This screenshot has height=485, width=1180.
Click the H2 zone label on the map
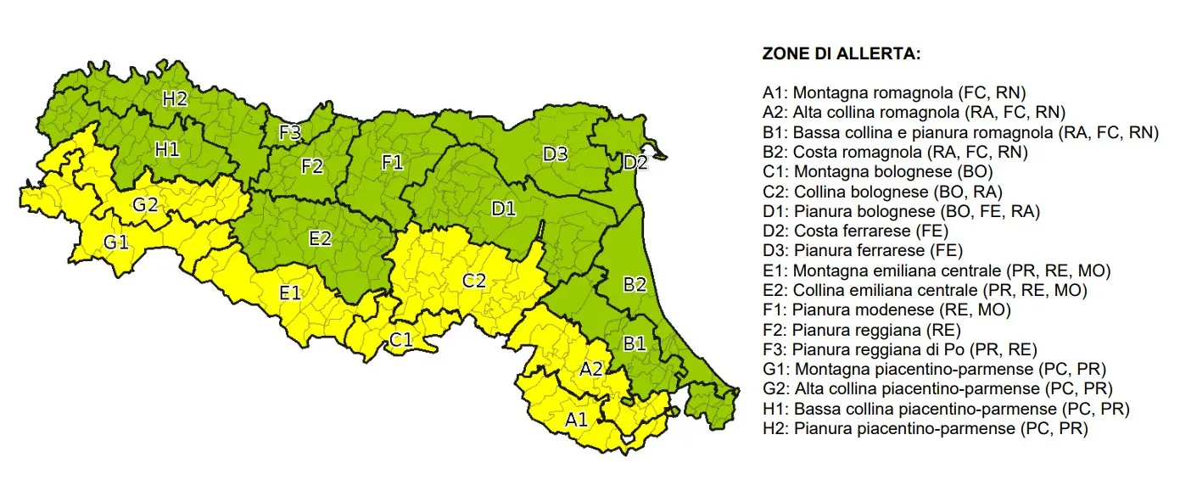(175, 98)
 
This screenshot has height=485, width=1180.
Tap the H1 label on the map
(167, 150)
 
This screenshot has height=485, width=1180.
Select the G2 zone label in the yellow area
(144, 204)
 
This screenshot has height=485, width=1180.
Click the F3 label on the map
(290, 132)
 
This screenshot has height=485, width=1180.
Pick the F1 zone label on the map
(392, 163)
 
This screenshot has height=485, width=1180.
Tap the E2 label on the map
(319, 238)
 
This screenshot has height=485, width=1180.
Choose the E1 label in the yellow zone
(290, 293)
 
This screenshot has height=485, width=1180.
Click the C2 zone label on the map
(474, 281)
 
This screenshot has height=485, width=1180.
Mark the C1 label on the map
(401, 340)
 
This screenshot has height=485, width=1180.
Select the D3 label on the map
(556, 154)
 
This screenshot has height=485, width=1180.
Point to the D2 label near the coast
(635, 163)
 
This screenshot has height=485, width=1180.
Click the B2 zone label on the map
(635, 285)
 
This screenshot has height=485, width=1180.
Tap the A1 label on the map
(576, 418)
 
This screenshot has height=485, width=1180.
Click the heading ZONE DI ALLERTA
(842, 54)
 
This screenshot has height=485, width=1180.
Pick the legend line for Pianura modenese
(886, 310)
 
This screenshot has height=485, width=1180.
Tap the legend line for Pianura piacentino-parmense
(925, 429)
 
